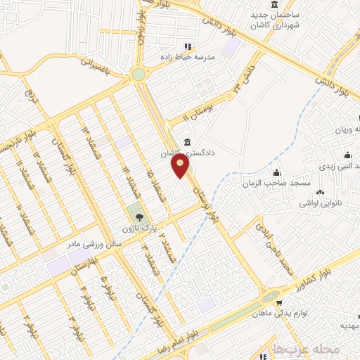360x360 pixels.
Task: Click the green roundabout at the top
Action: coord(138,74)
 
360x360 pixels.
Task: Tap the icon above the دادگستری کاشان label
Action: coord(186,141)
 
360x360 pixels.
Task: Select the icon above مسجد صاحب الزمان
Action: coord(278,173)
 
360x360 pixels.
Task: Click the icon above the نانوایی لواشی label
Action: coord(321,192)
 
